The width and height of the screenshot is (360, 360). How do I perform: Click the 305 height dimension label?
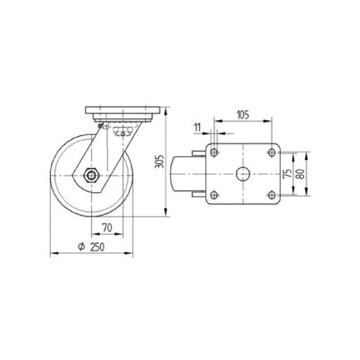coord(160,162)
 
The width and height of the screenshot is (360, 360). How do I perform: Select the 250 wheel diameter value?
coord(97,247)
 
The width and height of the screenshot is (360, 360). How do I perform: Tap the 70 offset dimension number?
coord(107,228)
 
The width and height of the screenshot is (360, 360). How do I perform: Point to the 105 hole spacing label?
coord(243,115)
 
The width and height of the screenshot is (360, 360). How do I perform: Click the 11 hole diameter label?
coord(197,127)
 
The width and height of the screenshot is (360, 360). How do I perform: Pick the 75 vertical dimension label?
coord(288,173)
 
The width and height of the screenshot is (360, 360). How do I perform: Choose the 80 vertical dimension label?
coord(301,174)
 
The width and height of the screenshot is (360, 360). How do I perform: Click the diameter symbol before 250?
coord(81,247)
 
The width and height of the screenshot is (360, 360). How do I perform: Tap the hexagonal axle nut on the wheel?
coord(92,175)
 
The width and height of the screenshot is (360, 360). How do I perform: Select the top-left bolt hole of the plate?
coord(214,152)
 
